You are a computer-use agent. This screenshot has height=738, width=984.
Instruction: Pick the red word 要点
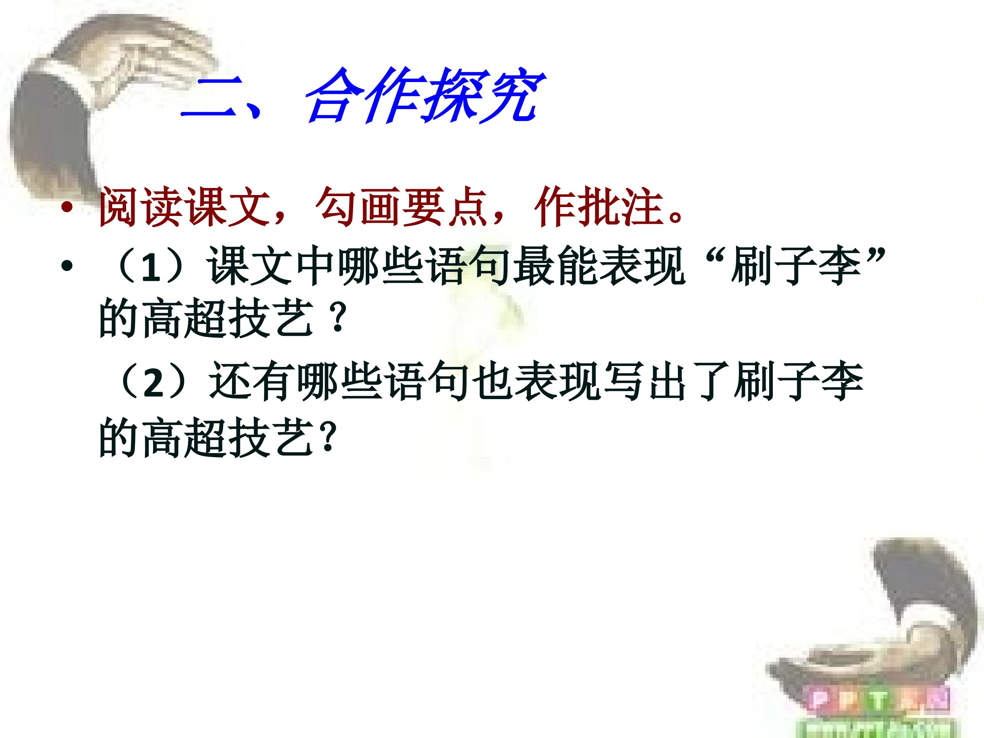pyautogui.click(x=445, y=206)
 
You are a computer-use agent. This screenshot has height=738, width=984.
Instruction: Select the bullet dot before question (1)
pyautogui.click(x=67, y=266)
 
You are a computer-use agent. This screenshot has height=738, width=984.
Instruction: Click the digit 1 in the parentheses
pyautogui.click(x=151, y=268)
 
